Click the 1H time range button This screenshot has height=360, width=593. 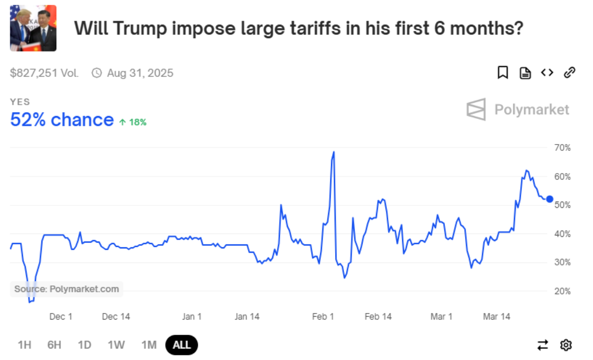point(24,345)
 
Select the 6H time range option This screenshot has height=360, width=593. point(54,345)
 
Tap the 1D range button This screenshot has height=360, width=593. point(84,345)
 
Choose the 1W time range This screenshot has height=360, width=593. point(116,345)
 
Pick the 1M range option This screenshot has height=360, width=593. point(149,345)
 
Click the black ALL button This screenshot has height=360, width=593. point(181,345)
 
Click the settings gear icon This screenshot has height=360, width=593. point(566,345)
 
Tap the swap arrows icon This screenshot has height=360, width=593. point(543,345)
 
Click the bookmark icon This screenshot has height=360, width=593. point(503,73)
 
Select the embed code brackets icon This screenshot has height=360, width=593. point(547,73)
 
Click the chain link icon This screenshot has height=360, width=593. point(569,73)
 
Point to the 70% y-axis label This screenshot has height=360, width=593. point(562,148)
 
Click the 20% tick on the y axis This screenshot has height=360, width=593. point(562,291)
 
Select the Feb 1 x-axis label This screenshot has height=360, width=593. point(323,317)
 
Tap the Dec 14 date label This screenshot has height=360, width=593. point(116,317)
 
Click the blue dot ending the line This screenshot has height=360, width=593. point(550,199)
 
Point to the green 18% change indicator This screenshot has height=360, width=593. point(133,122)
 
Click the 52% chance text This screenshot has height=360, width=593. point(62,120)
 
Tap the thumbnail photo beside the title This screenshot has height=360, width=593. point(33,28)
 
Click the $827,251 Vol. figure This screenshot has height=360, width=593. point(44,73)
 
